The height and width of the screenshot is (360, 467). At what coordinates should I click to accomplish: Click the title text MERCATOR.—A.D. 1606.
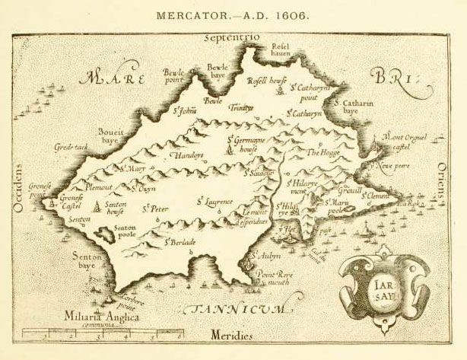[x=233, y=15]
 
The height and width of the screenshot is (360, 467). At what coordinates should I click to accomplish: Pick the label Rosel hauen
[x=281, y=50]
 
